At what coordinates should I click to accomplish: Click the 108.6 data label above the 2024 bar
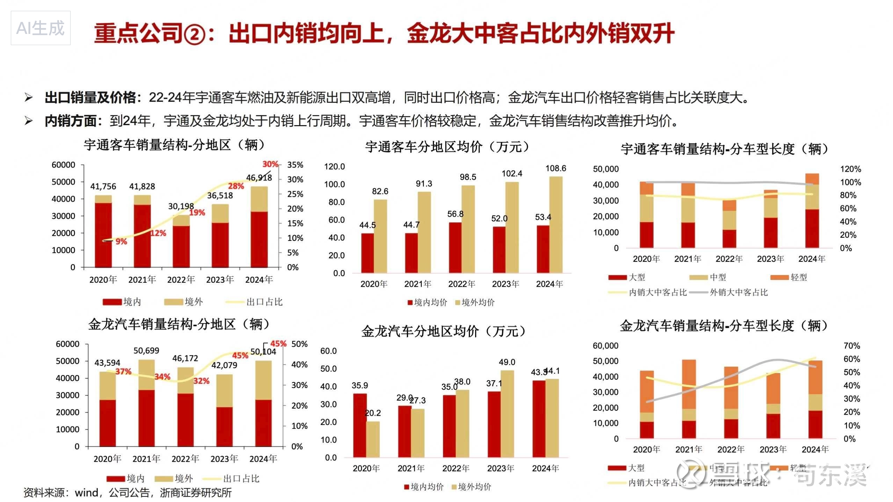click(x=556, y=168)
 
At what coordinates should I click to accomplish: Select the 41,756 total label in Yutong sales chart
click(x=103, y=186)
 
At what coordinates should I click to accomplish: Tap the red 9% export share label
click(x=121, y=242)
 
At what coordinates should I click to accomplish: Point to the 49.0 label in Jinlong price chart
click(x=507, y=362)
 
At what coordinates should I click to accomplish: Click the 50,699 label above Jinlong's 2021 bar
click(x=146, y=351)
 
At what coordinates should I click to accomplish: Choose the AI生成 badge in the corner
click(x=41, y=28)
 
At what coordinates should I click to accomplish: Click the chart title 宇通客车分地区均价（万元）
click(x=447, y=147)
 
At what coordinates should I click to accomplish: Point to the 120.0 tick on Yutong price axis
click(x=334, y=166)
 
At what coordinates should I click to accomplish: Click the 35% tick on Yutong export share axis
click(x=295, y=165)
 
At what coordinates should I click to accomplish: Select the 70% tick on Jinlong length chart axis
click(x=852, y=346)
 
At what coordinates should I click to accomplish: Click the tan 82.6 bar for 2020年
click(x=380, y=236)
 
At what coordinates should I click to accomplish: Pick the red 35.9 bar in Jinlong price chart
click(x=360, y=425)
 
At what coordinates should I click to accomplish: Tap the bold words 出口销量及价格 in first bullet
click(x=90, y=98)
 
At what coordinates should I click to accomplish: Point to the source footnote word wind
click(x=86, y=493)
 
